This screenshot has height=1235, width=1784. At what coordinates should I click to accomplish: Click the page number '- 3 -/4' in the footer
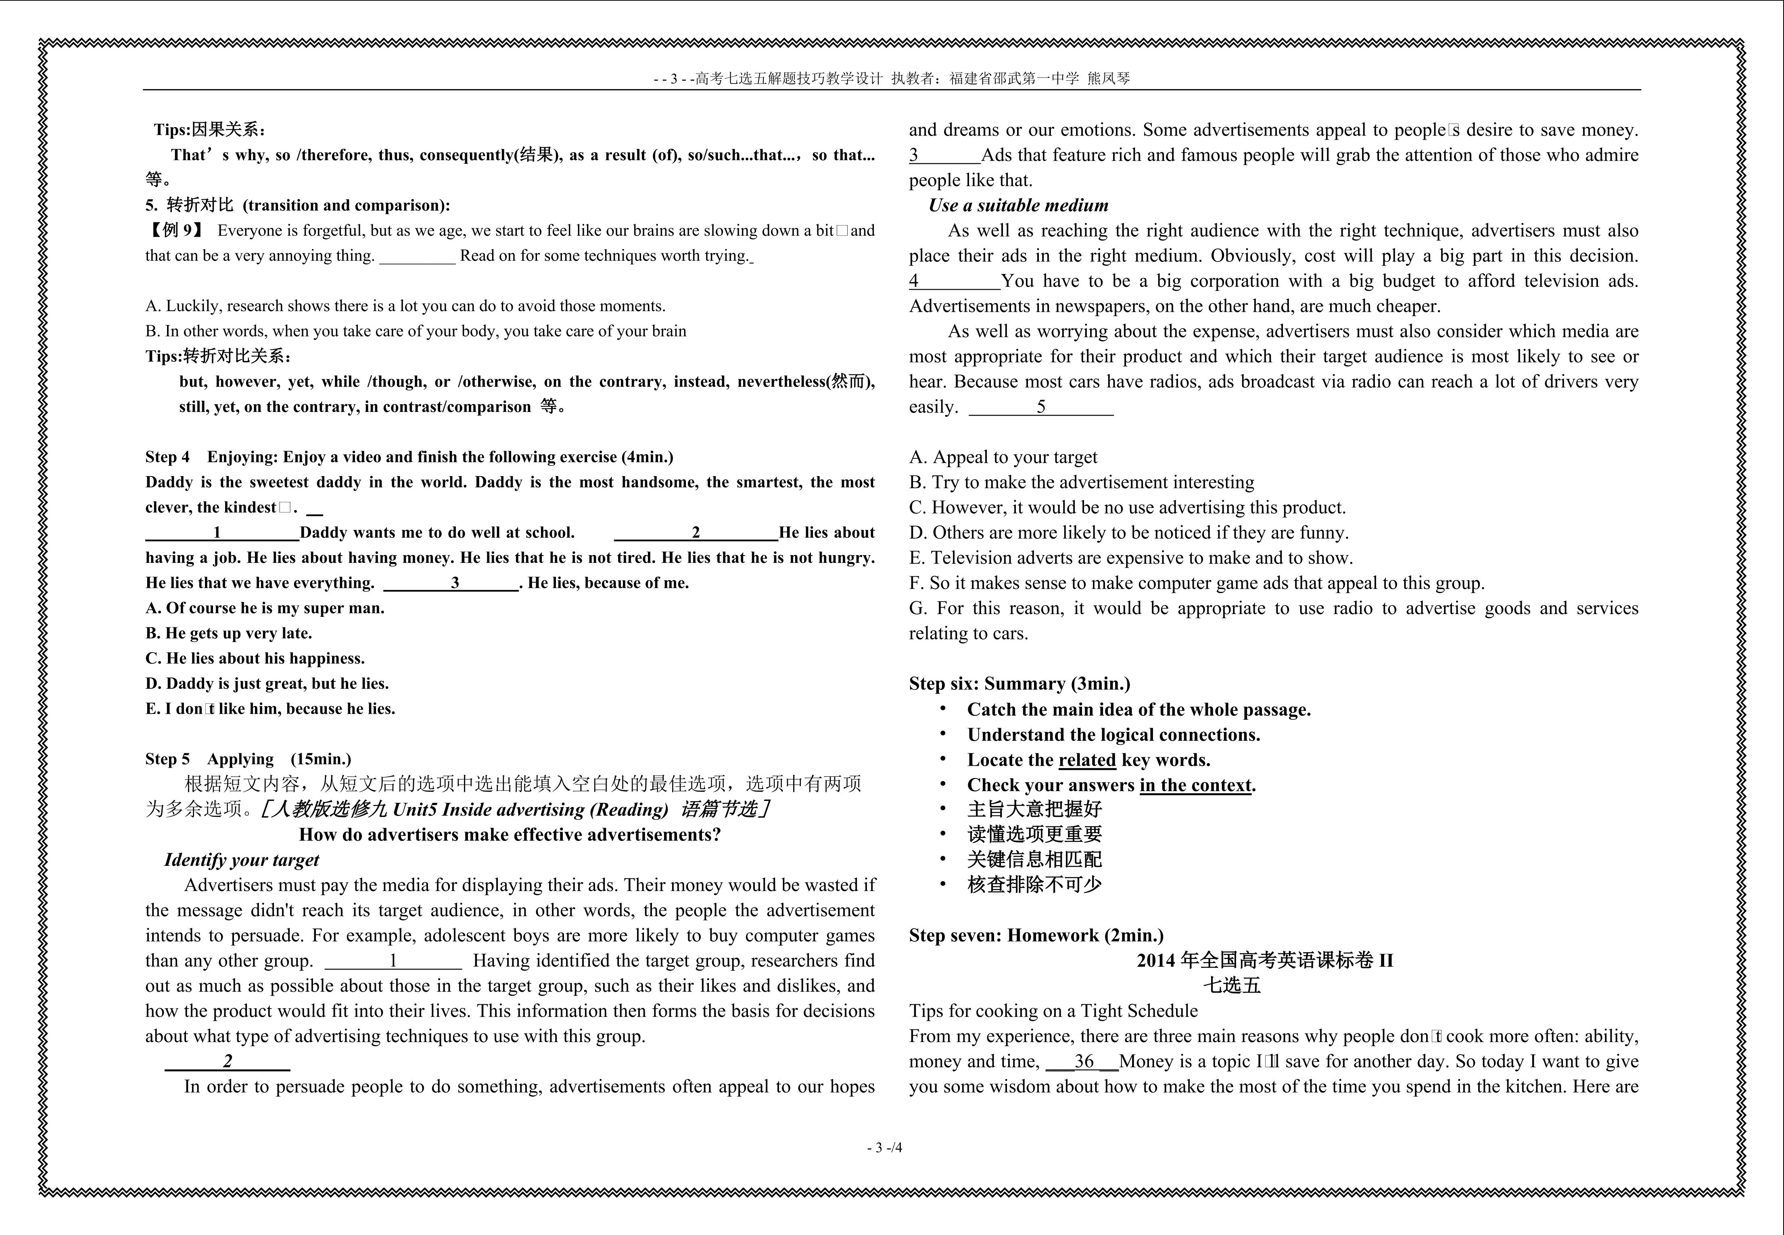(x=884, y=1147)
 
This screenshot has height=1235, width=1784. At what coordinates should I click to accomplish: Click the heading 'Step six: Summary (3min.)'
(x=1019, y=683)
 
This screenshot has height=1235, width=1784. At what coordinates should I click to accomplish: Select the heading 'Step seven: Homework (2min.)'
(x=1036, y=936)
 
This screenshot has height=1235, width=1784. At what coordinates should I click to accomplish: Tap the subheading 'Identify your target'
(x=241, y=860)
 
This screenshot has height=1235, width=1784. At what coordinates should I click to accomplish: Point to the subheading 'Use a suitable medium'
(x=1018, y=205)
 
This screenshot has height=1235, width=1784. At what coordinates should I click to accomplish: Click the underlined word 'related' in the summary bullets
(x=1087, y=760)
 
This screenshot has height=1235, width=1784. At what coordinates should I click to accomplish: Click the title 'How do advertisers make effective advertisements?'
(x=510, y=834)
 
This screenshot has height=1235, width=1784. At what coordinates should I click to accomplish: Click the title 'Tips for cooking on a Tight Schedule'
(x=1053, y=1011)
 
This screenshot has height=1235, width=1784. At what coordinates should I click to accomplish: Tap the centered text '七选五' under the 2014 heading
(x=1232, y=985)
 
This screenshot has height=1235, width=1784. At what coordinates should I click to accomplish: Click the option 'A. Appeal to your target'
(x=1003, y=457)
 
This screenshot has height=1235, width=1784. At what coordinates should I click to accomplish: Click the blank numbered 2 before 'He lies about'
(x=696, y=533)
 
